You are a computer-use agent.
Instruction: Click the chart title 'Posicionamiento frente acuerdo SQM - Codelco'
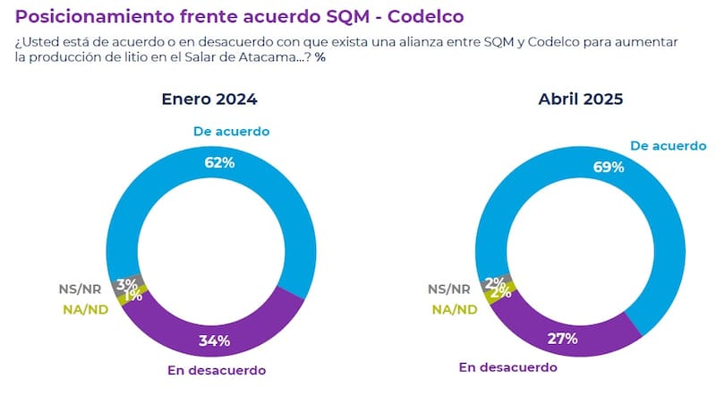pyautogui.click(x=240, y=16)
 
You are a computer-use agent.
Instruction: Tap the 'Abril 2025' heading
pyautogui.click(x=582, y=99)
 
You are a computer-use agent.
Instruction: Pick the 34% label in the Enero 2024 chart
pyautogui.click(x=215, y=340)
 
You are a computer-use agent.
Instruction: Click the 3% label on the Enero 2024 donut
pyautogui.click(x=125, y=285)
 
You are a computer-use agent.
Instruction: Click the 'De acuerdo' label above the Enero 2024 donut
pyautogui.click(x=231, y=132)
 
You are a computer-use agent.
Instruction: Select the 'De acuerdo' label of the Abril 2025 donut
pyautogui.click(x=669, y=145)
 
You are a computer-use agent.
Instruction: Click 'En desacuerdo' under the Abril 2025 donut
pyautogui.click(x=507, y=366)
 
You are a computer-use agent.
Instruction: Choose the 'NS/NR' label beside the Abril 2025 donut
pyautogui.click(x=448, y=289)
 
